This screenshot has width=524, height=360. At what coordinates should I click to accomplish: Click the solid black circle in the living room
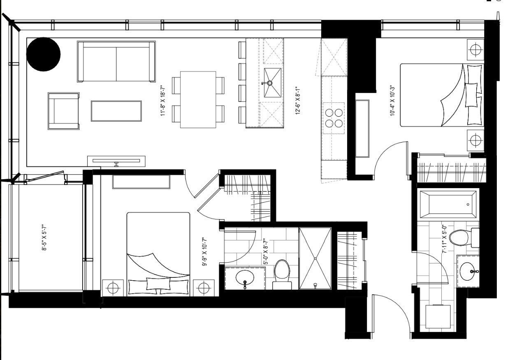[43, 54]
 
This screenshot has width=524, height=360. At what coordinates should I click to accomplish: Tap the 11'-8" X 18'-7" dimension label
[163, 101]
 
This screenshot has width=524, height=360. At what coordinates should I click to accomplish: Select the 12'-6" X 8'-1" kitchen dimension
[297, 101]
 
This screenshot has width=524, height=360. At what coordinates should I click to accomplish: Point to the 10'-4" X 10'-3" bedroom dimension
[392, 101]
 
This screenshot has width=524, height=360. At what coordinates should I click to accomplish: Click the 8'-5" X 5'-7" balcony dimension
[44, 238]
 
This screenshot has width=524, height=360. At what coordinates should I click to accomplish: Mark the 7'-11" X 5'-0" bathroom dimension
[445, 239]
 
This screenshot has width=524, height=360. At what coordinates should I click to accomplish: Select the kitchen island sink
[273, 83]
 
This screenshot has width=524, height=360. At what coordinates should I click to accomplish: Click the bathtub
[448, 205]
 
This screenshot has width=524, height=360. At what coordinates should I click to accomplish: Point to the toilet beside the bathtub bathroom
[464, 238]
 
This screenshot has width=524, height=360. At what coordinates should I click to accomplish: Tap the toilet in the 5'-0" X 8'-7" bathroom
[282, 275]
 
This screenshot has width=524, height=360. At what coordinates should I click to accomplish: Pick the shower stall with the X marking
[315, 258]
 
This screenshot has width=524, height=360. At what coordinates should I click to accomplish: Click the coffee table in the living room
[116, 111]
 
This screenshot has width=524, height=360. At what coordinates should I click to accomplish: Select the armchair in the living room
[64, 111]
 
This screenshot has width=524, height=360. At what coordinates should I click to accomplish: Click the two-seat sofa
[116, 62]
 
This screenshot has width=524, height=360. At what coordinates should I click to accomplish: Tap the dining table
[198, 99]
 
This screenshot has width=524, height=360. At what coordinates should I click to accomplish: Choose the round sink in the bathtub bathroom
[468, 271]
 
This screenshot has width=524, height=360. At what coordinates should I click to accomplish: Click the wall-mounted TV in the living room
[116, 161]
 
